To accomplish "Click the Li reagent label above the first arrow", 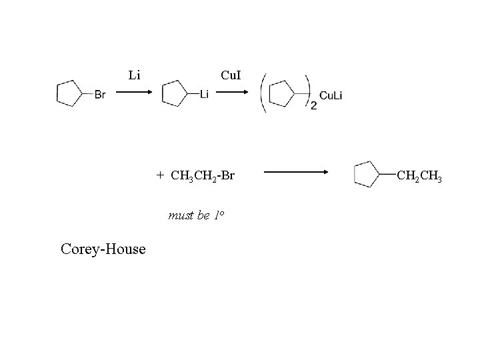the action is [134, 75].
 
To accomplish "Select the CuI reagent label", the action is [231, 75].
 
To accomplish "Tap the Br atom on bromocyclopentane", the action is [99, 95].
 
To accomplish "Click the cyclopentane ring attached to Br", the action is [68, 93].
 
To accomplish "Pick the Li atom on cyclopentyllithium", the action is [204, 95].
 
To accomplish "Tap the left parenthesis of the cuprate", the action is [265, 93].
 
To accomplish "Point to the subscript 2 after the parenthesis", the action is [314, 105].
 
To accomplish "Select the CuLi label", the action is [331, 95].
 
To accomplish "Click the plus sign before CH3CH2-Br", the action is [160, 175].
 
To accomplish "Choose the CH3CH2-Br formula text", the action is [203, 176].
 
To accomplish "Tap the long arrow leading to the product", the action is [296, 173].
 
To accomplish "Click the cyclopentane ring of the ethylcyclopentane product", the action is [367, 175].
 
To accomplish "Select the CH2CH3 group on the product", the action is [419, 176].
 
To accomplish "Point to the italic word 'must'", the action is [180, 215].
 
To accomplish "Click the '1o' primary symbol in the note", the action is [218, 215].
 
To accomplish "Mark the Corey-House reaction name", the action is [103, 249].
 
